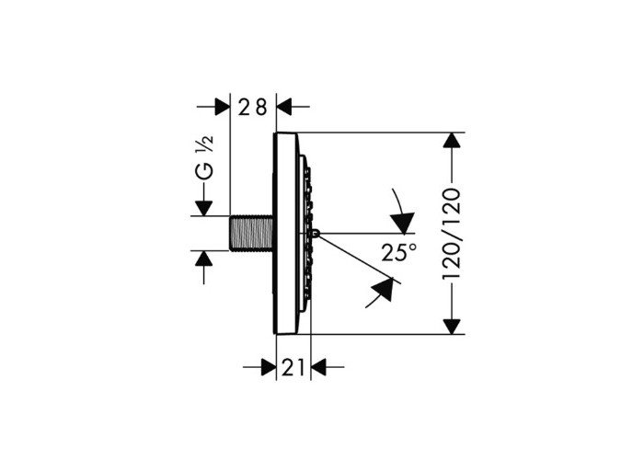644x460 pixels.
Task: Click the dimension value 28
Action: tap(253, 108)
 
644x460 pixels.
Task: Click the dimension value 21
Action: tap(293, 367)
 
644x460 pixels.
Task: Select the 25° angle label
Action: tap(398, 252)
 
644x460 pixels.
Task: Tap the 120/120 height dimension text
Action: tap(453, 234)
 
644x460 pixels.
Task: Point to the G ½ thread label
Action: tap(205, 157)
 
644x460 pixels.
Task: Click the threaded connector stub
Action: tap(251, 233)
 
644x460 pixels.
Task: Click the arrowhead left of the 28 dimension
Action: tap(223, 107)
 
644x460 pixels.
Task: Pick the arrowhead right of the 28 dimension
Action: tap(284, 107)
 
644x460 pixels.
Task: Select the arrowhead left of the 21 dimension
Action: tap(269, 367)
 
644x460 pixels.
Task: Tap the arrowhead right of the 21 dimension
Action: tap(318, 367)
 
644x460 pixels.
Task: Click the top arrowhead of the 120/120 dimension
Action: tap(452, 140)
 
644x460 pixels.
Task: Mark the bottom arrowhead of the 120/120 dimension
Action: tap(452, 327)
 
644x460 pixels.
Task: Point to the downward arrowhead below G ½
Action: tap(203, 208)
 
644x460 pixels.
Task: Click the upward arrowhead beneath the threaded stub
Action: tap(203, 259)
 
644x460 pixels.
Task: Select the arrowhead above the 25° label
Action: tap(403, 223)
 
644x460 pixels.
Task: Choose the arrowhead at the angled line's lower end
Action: tap(383, 289)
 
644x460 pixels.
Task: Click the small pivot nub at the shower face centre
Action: tap(315, 233)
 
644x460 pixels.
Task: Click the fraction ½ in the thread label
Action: tap(207, 144)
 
